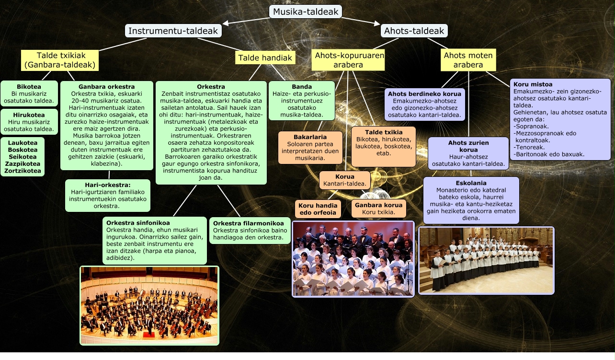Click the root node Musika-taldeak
[x=306, y=12]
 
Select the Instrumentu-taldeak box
[x=173, y=31]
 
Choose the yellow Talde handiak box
[x=265, y=58]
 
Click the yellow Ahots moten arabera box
[x=468, y=60]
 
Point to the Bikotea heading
[x=29, y=87]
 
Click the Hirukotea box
[x=29, y=122]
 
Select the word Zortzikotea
[x=23, y=171]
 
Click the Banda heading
[x=302, y=87]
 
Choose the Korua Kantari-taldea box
[x=344, y=180]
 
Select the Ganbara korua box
[x=378, y=209]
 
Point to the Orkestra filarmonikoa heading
[x=249, y=223]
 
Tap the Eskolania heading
[x=471, y=183]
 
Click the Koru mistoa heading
[x=533, y=85]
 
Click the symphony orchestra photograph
[x=149, y=305]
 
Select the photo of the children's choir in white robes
[x=486, y=260]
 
